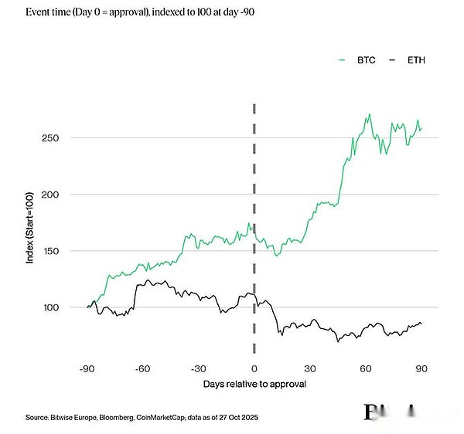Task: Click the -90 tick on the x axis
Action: tap(87, 368)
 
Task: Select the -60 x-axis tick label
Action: tap(143, 368)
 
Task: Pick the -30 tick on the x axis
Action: tap(199, 368)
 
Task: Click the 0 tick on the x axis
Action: tap(254, 368)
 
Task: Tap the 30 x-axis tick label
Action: tap(310, 368)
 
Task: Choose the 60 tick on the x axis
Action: tap(366, 368)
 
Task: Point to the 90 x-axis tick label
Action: tap(421, 368)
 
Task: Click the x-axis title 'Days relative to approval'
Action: tap(254, 383)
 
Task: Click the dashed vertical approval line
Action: tap(254, 193)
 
